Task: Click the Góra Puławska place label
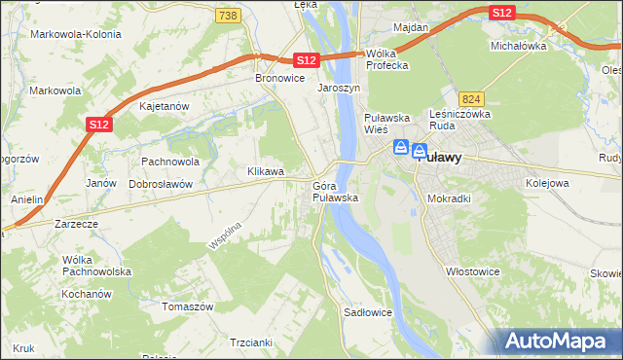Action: tap(336, 192)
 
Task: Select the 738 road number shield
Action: tap(228, 16)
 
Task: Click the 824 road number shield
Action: tap(472, 99)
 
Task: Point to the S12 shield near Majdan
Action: tap(501, 12)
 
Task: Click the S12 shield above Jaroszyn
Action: tap(306, 60)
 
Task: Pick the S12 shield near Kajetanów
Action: tap(97, 124)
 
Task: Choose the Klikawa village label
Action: tap(266, 171)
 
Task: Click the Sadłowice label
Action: tap(368, 313)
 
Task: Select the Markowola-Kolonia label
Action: tap(76, 34)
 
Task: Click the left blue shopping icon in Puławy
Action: tap(400, 149)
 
